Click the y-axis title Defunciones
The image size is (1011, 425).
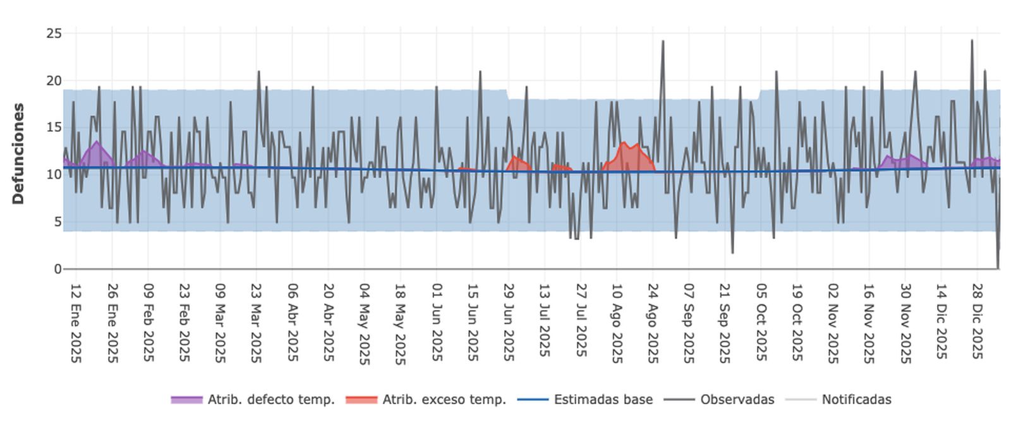pyautogui.click(x=18, y=153)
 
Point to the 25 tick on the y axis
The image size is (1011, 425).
pyautogui.click(x=54, y=33)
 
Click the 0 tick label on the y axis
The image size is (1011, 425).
pyautogui.click(x=58, y=269)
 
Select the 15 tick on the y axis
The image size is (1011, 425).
pyautogui.click(x=54, y=128)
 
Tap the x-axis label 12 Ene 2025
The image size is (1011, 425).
pyautogui.click(x=76, y=323)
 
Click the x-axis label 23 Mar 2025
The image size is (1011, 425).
pyautogui.click(x=256, y=323)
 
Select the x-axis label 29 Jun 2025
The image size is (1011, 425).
pyautogui.click(x=509, y=323)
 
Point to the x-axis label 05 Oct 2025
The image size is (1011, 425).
pyautogui.click(x=761, y=323)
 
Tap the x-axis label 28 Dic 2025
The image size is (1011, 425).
pyautogui.click(x=978, y=321)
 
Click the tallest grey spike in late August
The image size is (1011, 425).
pyautogui.click(x=663, y=42)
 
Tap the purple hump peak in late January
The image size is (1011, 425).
pyautogui.click(x=96, y=142)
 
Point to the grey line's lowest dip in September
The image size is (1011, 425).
pyautogui.click(x=732, y=253)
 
